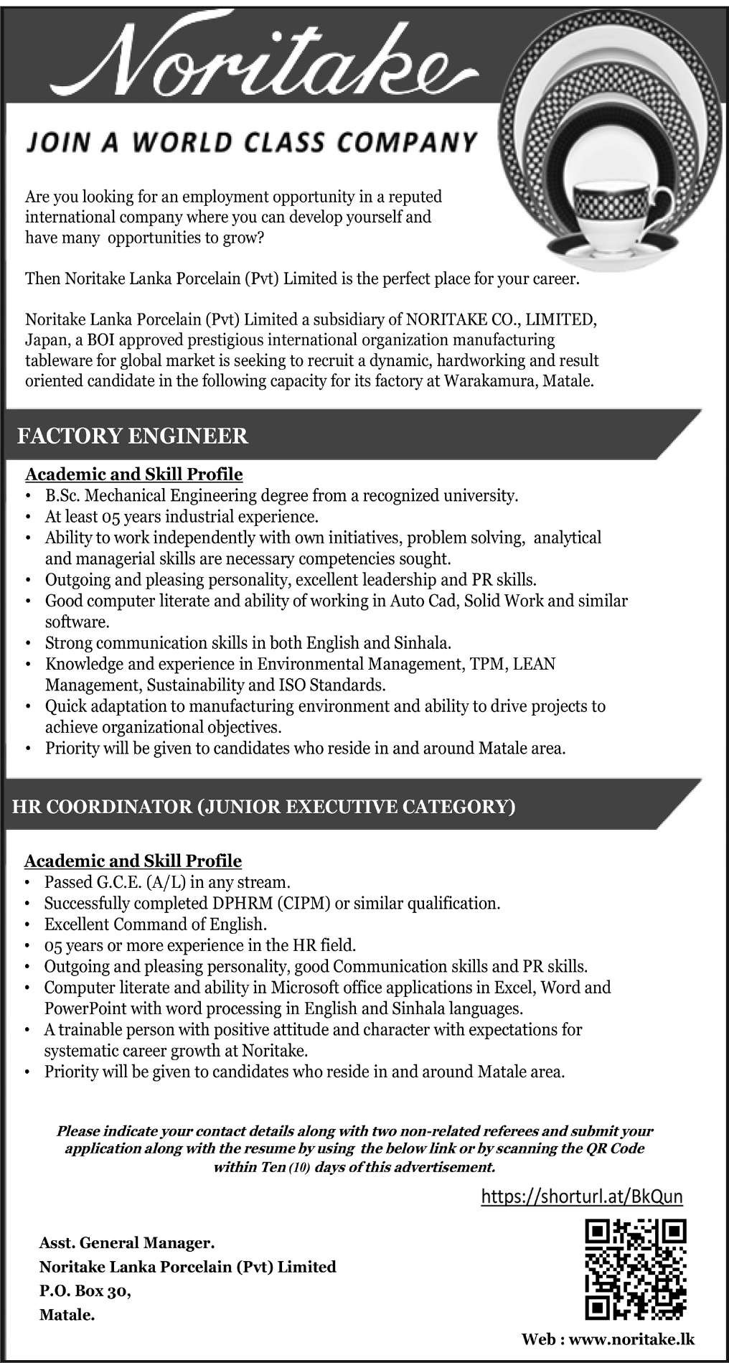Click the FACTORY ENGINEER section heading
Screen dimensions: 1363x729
tap(136, 436)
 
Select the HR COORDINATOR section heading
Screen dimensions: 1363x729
tap(264, 807)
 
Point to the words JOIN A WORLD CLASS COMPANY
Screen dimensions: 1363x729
tap(252, 141)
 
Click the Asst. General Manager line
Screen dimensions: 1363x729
tap(127, 1242)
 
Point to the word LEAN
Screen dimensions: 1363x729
tap(535, 664)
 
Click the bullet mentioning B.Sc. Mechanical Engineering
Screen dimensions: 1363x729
tap(281, 495)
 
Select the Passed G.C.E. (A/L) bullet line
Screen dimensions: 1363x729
tap(166, 881)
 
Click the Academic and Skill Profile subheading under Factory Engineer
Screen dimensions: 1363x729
tap(134, 474)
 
